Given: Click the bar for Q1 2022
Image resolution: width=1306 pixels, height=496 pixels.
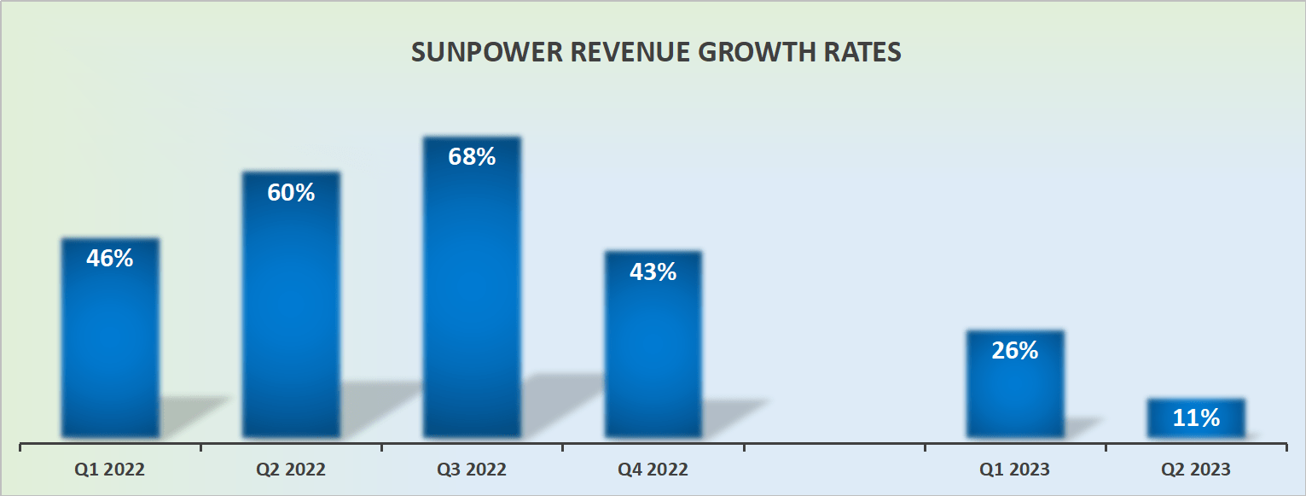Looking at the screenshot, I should tap(110, 341).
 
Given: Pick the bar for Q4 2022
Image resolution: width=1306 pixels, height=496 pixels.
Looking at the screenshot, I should tap(653, 350).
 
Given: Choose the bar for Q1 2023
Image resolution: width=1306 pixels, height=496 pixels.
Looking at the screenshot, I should tap(1015, 388).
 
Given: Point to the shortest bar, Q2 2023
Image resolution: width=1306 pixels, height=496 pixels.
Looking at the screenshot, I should tap(1196, 418).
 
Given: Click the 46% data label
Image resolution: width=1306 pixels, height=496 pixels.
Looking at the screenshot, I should tap(110, 259).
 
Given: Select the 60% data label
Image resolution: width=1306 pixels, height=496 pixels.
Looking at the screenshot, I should tap(291, 193).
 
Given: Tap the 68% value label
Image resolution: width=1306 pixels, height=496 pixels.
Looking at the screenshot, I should tap(472, 157).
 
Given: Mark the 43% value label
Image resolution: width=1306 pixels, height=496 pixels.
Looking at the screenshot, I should tap(653, 272).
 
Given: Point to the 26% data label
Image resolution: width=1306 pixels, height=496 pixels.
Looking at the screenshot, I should tap(1015, 350).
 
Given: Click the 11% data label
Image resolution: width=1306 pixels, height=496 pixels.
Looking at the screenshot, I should tap(1196, 418).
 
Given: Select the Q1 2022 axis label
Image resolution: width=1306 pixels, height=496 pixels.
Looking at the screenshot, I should tap(110, 470).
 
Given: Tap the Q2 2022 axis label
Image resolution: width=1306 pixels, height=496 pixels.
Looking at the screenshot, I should tap(291, 470).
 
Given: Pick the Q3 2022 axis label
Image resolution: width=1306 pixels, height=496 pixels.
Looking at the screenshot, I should tap(472, 470).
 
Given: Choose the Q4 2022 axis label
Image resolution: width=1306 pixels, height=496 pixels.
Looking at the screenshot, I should tap(653, 470).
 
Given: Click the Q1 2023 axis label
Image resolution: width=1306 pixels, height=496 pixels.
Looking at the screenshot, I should tap(1015, 470).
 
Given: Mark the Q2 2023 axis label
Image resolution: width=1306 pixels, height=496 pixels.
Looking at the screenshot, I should tap(1196, 470).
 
